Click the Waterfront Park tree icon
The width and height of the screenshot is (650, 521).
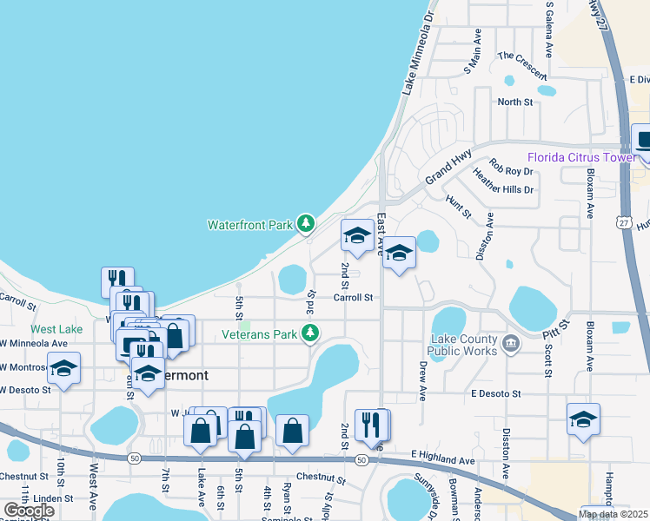[305, 224]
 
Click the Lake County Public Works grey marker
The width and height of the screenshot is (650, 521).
[512, 344]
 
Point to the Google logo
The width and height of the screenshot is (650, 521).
[29, 510]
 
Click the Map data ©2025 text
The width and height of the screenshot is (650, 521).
[614, 514]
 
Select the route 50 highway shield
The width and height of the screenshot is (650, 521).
[133, 458]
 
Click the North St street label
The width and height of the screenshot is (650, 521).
[514, 102]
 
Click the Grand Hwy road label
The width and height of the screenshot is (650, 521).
[448, 169]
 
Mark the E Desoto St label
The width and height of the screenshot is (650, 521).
[495, 393]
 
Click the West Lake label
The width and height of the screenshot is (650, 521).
[56, 329]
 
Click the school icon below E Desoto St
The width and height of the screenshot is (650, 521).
[582, 419]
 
